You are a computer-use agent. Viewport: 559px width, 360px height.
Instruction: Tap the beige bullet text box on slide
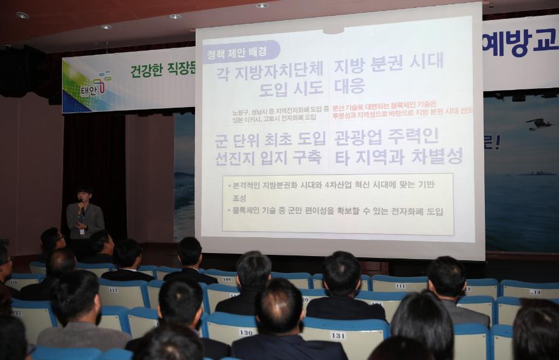pyautogui.click(x=338, y=204)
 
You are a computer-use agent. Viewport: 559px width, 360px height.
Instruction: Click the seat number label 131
pyautogui.click(x=338, y=335)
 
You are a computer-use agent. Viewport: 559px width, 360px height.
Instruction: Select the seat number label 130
pyautogui.click(x=246, y=332)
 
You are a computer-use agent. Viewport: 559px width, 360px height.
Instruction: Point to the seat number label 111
pyautogui.click(x=400, y=286)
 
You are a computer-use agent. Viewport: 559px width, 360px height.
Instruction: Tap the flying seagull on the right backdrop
pyautogui.click(x=540, y=124)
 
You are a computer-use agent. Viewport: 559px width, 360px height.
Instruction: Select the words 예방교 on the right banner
pyautogui.click(x=520, y=43)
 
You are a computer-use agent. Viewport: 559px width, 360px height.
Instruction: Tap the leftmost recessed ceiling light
pyautogui.click(x=22, y=15)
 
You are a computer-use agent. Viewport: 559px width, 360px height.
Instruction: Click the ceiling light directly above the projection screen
pyautogui.click(x=262, y=5)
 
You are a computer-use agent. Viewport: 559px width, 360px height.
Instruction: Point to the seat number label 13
pyautogui.click(x=535, y=292)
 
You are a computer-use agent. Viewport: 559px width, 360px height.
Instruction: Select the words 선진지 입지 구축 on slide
pyautogui.click(x=268, y=157)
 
